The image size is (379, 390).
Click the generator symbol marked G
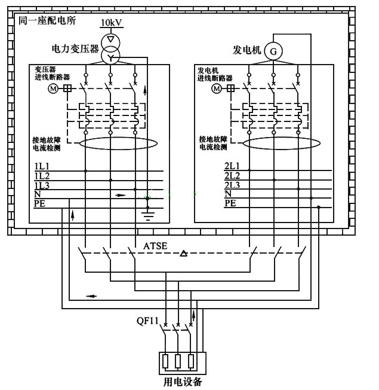coord(273,51)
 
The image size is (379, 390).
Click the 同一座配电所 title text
coord(47,20)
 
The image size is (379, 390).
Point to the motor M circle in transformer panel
coord(52,88)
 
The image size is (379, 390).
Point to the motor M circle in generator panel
coord(216,88)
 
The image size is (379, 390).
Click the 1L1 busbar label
coord(41,166)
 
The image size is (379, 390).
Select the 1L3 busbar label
coord(41,185)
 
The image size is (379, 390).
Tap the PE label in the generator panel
coord(230,203)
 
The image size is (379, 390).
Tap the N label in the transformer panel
coord(37,194)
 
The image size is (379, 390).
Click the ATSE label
coord(155,246)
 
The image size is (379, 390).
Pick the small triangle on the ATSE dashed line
coord(184,254)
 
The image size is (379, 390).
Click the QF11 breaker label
coord(147,321)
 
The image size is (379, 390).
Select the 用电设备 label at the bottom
coord(183,381)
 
